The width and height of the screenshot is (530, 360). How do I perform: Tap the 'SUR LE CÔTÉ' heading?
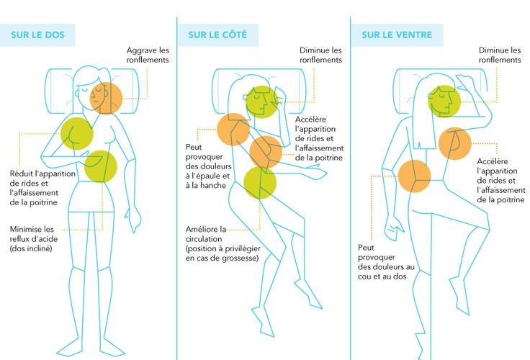pyautogui.click(x=215, y=35)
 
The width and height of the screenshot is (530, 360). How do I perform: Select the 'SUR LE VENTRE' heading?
pyautogui.click(x=396, y=35)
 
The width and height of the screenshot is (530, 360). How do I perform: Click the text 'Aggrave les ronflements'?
pyautogui.click(x=148, y=55)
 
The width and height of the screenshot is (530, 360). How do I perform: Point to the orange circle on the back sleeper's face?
pyautogui.click(x=107, y=98)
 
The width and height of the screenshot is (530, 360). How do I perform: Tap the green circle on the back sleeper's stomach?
pyautogui.click(x=101, y=166)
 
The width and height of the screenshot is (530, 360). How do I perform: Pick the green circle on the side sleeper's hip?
pyautogui.click(x=259, y=183)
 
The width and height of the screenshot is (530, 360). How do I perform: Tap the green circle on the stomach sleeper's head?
pyautogui.click(x=444, y=102)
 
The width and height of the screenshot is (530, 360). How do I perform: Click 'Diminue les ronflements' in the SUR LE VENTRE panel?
pyautogui.click(x=500, y=55)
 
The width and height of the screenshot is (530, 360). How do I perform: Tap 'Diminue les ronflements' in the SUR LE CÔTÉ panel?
pyautogui.click(x=320, y=55)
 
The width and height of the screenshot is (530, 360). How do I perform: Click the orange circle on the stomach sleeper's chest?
pyautogui.click(x=454, y=142)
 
